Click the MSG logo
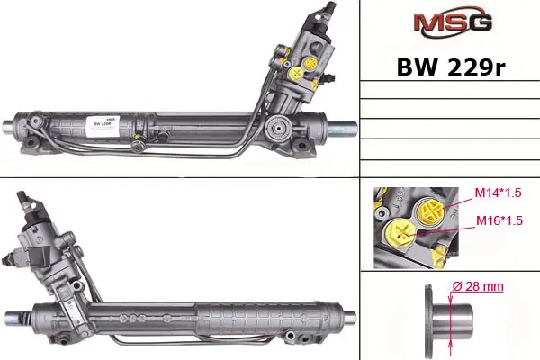pyautogui.click(x=453, y=22)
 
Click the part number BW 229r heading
pyautogui.click(x=451, y=67)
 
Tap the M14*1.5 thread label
pyautogui.click(x=498, y=193)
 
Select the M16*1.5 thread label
pyautogui.click(x=499, y=220)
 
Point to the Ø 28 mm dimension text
pyautogui.click(x=478, y=286)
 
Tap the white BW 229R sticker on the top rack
pyautogui.click(x=103, y=126)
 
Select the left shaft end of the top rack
pyautogui.click(x=9, y=126)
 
